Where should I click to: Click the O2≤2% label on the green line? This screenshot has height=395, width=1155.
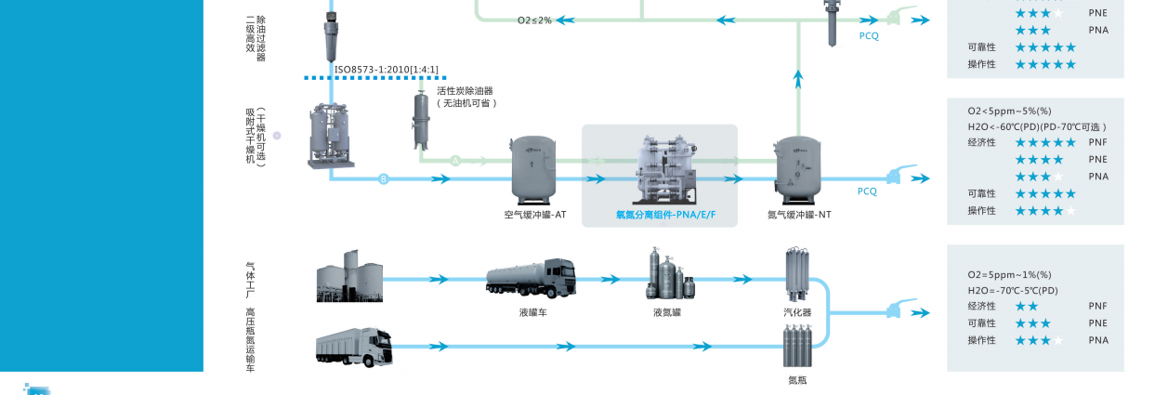click(x=534, y=20)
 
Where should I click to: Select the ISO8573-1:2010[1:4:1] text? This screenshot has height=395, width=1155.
click(x=386, y=70)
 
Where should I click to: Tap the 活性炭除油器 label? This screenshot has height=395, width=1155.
click(x=465, y=91)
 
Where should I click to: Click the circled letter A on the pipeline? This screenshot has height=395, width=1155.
click(x=455, y=161)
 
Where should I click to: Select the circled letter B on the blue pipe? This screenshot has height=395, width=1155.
click(x=383, y=179)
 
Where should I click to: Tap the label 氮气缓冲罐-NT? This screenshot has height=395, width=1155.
click(x=799, y=215)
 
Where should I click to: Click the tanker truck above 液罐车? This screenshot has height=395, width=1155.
click(x=532, y=278)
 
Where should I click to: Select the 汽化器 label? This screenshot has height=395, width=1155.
click(x=797, y=312)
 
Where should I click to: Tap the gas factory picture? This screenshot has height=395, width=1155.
click(x=349, y=276)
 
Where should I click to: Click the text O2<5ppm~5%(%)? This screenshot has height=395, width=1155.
click(x=1009, y=111)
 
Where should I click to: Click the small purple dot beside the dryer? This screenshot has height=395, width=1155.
click(x=277, y=136)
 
